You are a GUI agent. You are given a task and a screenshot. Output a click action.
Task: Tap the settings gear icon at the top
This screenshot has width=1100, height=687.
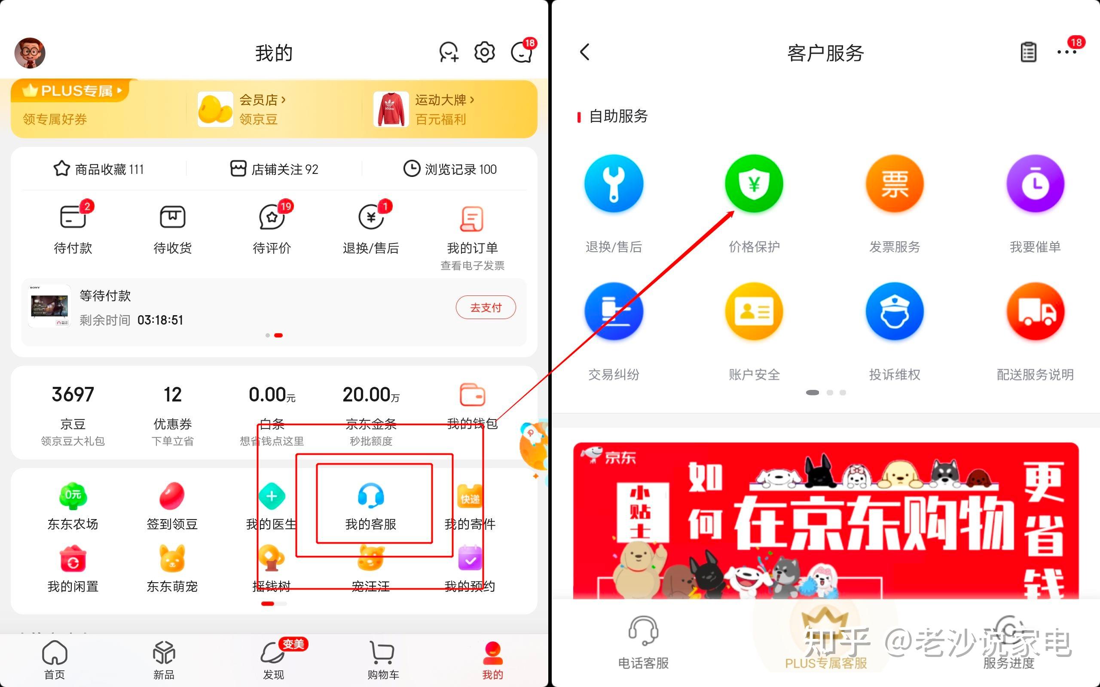(485, 52)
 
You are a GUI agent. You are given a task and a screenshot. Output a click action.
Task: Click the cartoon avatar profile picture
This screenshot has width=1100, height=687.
(30, 53)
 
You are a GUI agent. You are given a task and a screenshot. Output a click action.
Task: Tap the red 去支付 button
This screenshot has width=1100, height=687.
(486, 307)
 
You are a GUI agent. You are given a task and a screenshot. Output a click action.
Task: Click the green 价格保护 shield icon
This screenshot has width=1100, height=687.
(754, 184)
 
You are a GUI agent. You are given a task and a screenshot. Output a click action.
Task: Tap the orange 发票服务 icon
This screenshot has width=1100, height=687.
(895, 184)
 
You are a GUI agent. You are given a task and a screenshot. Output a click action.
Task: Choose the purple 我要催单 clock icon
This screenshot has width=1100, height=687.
(1035, 184)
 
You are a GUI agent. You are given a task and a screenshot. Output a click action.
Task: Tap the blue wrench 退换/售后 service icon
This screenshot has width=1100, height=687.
(614, 184)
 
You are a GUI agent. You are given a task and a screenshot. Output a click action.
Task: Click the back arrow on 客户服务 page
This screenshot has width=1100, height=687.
(585, 52)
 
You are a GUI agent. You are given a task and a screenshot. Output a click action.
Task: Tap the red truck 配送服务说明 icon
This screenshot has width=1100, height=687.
(1035, 312)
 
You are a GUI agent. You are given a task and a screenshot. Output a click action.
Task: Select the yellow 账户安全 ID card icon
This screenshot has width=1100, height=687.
(754, 312)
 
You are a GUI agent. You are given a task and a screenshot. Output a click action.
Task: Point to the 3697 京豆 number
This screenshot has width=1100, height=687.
(73, 395)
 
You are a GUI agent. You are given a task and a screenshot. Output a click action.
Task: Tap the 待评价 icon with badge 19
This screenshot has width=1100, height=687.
(272, 217)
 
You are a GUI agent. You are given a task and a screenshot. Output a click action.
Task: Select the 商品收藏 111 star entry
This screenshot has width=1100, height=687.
(99, 169)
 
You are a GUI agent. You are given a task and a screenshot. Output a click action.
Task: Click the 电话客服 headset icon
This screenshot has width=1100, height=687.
(643, 631)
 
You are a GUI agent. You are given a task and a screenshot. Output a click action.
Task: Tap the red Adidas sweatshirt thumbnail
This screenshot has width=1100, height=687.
(391, 109)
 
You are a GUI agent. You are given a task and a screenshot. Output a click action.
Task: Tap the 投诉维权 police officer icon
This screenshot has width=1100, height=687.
(895, 312)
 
